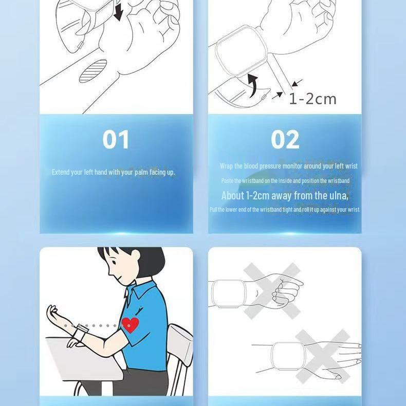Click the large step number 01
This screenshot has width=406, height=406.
tap(116, 140)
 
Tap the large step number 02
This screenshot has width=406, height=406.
tap(285, 140)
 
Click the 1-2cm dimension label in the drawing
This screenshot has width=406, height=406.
tap(312, 99)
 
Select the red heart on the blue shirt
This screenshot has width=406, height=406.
tap(130, 324)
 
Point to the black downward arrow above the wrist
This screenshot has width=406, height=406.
tap(118, 12)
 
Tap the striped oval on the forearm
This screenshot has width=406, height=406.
tap(93, 71)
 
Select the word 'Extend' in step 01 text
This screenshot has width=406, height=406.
tap(60, 172)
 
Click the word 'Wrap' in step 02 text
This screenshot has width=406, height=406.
tap(226, 166)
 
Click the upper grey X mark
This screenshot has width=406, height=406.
tap(272, 290)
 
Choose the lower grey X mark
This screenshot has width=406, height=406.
tap(323, 356)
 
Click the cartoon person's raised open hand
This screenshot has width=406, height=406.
tap(52, 313)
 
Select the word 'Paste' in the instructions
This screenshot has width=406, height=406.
tap(227, 181)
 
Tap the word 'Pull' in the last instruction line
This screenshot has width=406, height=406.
tap(213, 210)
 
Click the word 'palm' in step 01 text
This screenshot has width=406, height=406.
tap(141, 173)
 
